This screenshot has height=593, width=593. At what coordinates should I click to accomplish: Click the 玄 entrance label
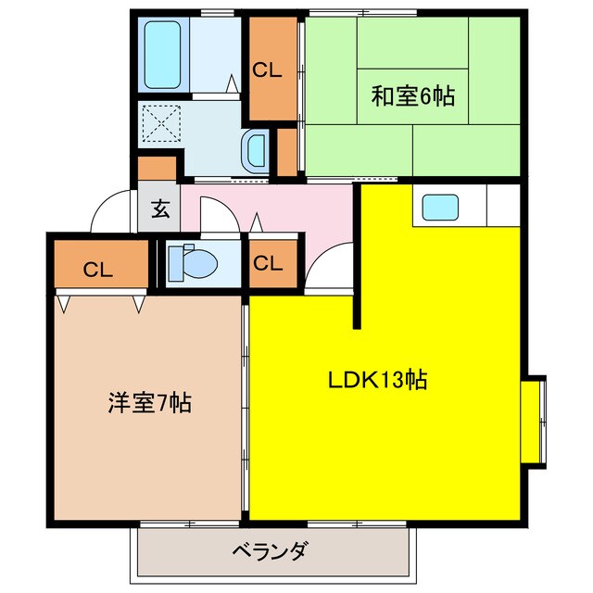tap(159, 208)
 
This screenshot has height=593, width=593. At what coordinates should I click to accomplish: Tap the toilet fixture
tap(197, 262)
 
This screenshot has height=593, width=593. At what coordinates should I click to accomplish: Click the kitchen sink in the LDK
tap(441, 207)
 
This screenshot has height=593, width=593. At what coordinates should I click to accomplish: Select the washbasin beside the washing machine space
tap(256, 149)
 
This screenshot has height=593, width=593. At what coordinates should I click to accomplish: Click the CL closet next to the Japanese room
tap(269, 69)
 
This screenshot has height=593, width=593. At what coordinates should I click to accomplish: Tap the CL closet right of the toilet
tap(269, 263)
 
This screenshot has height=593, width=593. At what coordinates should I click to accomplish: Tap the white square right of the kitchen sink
tap(500, 204)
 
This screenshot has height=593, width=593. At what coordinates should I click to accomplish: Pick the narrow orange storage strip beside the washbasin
tap(287, 152)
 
